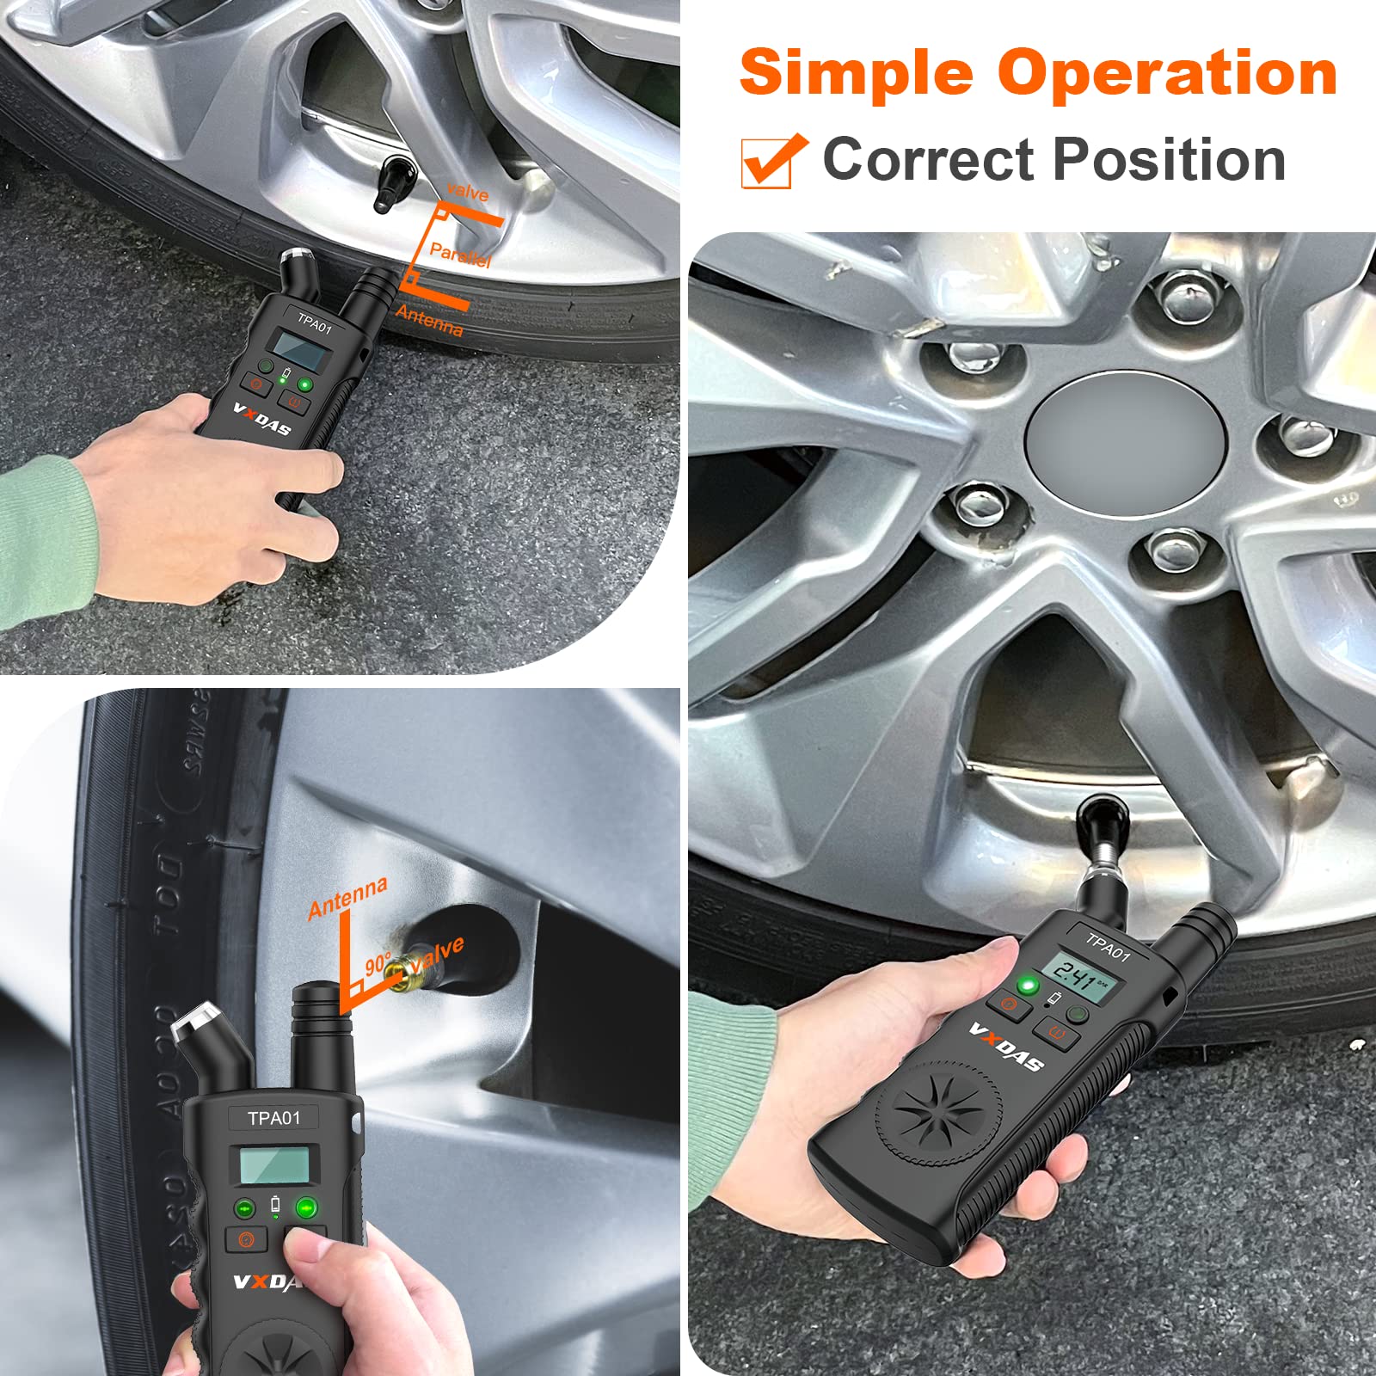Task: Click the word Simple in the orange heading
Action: point(856,73)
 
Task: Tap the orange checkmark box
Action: point(771,162)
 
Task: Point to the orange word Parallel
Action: point(460,255)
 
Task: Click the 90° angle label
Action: point(378,963)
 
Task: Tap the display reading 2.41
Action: point(1080,979)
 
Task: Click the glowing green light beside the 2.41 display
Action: point(1026,985)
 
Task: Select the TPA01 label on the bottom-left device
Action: point(273,1118)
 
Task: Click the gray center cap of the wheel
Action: point(1127,443)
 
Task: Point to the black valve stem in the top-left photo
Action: point(392,182)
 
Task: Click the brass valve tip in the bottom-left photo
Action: point(398,973)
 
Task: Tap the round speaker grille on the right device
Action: point(940,1112)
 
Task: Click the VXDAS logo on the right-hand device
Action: point(1006,1047)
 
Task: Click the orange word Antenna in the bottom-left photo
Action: point(348,897)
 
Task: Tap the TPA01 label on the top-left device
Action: point(314,324)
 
